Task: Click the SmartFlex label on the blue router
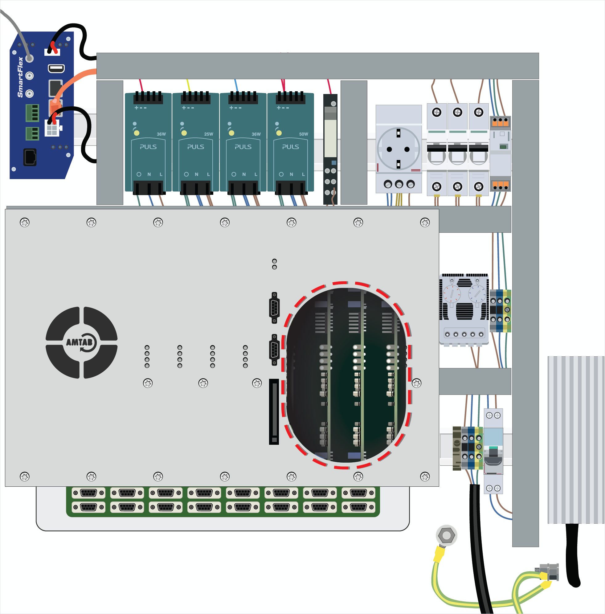[x=20, y=77]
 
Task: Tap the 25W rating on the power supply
[x=208, y=134]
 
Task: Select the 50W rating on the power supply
[x=304, y=134]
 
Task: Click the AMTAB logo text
[x=79, y=342]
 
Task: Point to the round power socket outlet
[x=398, y=149]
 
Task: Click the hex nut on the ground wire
[x=447, y=536]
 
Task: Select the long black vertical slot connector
[x=274, y=411]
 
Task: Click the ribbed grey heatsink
[x=575, y=440]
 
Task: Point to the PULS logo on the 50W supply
[x=290, y=147]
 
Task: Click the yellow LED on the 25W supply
[x=184, y=133]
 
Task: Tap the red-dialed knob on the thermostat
[x=452, y=293]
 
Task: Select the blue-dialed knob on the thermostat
[x=477, y=293]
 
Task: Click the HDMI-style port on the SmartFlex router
[x=56, y=68]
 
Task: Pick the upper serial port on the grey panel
[x=275, y=308]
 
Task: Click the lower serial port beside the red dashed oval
[x=275, y=350]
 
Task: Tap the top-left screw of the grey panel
[x=24, y=223]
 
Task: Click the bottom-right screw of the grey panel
[x=425, y=477]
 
